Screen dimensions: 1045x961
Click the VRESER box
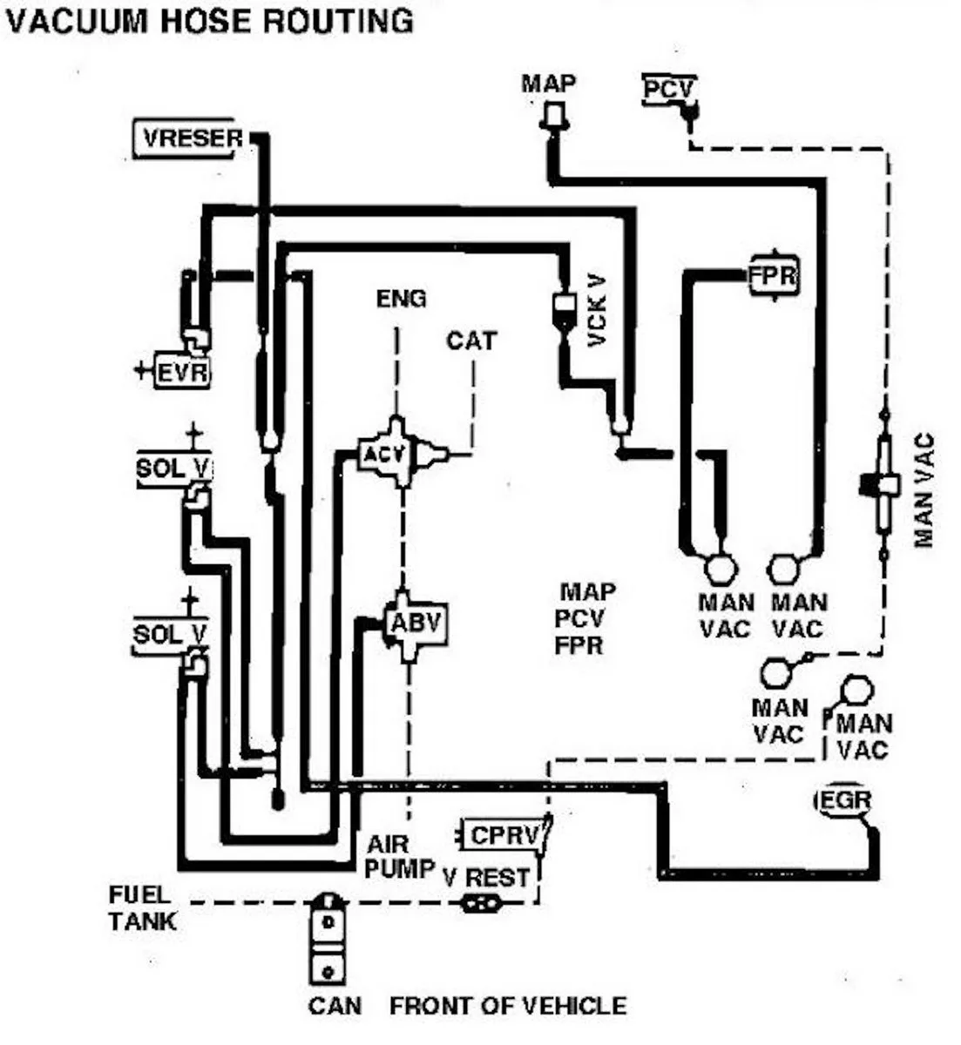[x=186, y=138]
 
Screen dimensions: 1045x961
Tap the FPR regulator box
[x=773, y=277]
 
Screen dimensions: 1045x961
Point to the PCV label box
[x=669, y=89]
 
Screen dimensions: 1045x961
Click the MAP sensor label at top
[x=548, y=84]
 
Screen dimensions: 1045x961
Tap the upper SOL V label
[x=172, y=469]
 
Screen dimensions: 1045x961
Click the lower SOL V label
[x=170, y=633]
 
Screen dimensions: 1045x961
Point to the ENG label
[x=401, y=299]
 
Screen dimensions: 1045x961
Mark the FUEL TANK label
[x=141, y=907]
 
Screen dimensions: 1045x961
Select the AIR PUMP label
[x=400, y=856]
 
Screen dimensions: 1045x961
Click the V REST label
[x=485, y=877]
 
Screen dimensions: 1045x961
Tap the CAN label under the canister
[x=334, y=1006]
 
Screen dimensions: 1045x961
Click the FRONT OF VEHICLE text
[x=507, y=1006]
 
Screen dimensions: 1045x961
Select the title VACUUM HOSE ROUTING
[x=209, y=20]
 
